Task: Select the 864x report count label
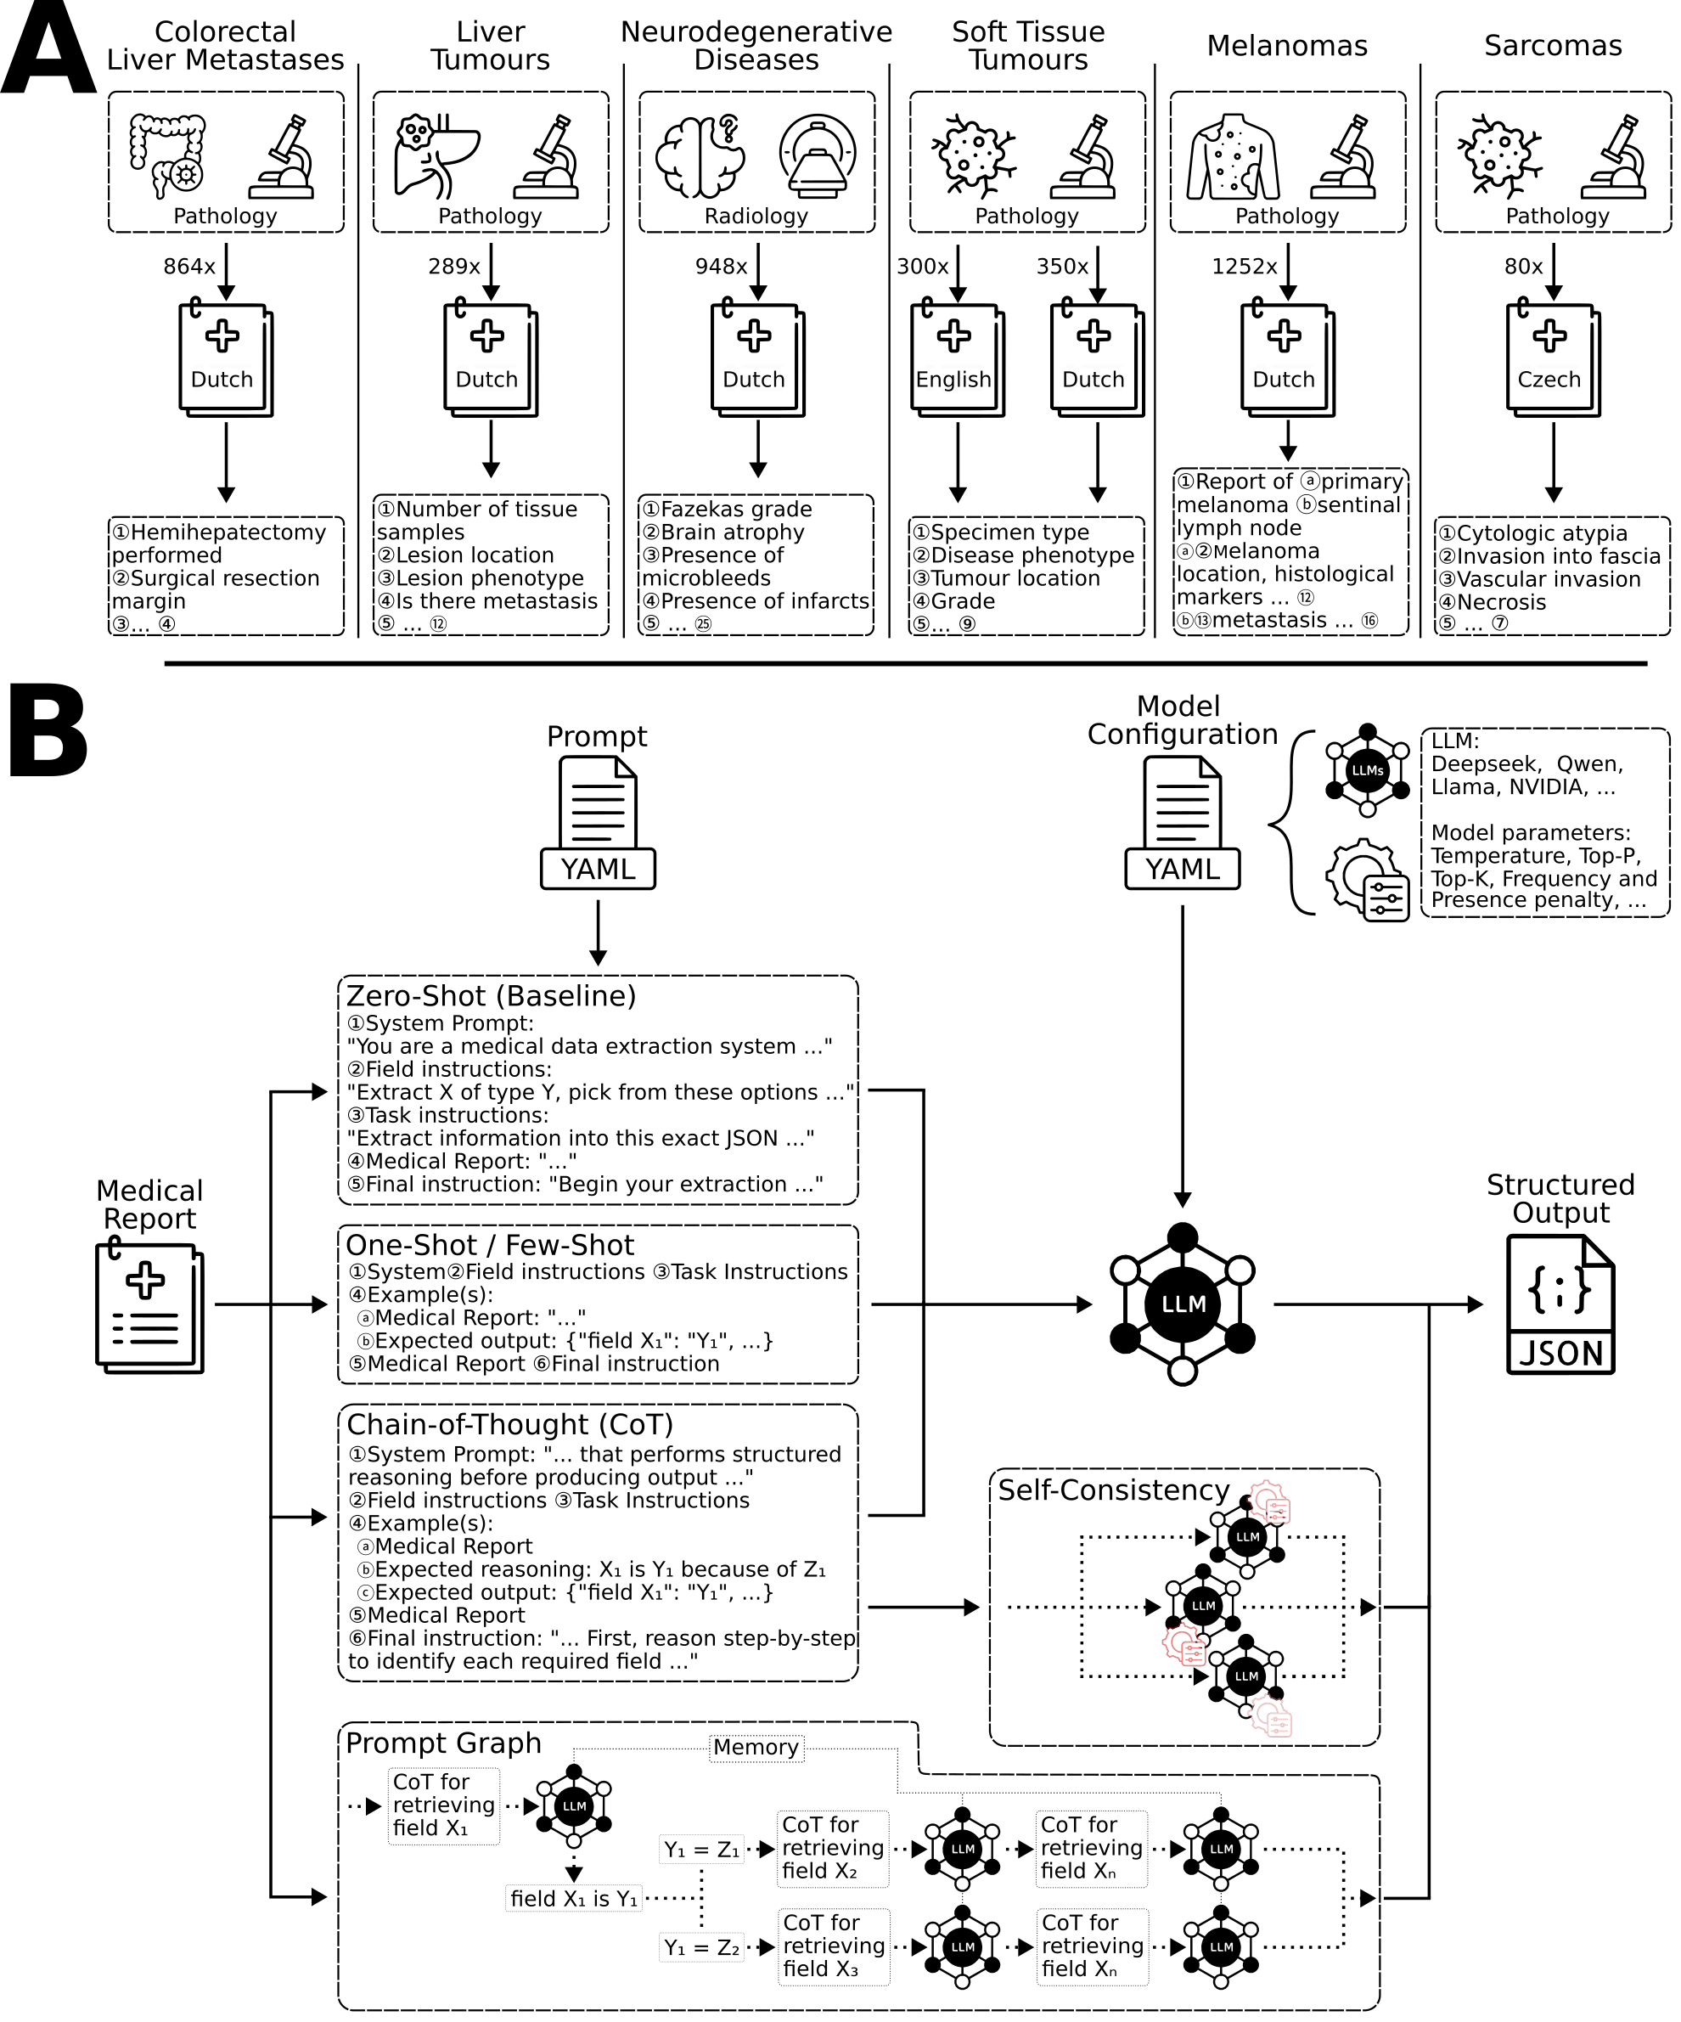coord(188,267)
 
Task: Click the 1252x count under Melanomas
coord(1244,267)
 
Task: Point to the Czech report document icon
coord(1552,360)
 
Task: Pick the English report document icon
coord(956,360)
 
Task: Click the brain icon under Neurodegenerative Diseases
coord(700,155)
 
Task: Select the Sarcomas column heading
coord(1552,45)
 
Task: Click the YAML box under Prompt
coord(598,869)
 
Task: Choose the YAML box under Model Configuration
coord(1183,869)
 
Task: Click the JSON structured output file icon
coord(1560,1304)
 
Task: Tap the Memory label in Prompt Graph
coord(756,1748)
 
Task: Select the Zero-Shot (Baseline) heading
coord(491,995)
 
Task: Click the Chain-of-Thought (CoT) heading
coord(509,1425)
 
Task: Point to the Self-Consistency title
coord(1113,1490)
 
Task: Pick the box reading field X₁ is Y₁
coord(574,1899)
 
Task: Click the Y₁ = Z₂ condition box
coord(701,1948)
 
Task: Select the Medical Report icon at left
coord(149,1308)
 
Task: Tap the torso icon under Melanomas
coord(1234,156)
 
